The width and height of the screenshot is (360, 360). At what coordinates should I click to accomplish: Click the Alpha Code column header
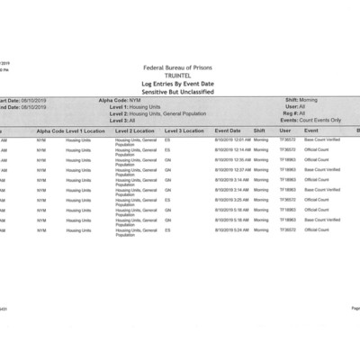pos(49,130)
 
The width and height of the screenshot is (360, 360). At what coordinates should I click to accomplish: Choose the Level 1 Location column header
pos(86,130)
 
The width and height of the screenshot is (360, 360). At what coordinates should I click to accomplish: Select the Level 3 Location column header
pos(184,130)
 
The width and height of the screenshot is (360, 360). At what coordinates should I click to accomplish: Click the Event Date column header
pos(229,130)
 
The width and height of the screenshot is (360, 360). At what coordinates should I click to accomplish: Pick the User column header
pos(285,130)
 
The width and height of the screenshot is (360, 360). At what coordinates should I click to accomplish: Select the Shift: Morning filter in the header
pos(301,100)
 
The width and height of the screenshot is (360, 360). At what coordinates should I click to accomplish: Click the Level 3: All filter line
pos(122,120)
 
